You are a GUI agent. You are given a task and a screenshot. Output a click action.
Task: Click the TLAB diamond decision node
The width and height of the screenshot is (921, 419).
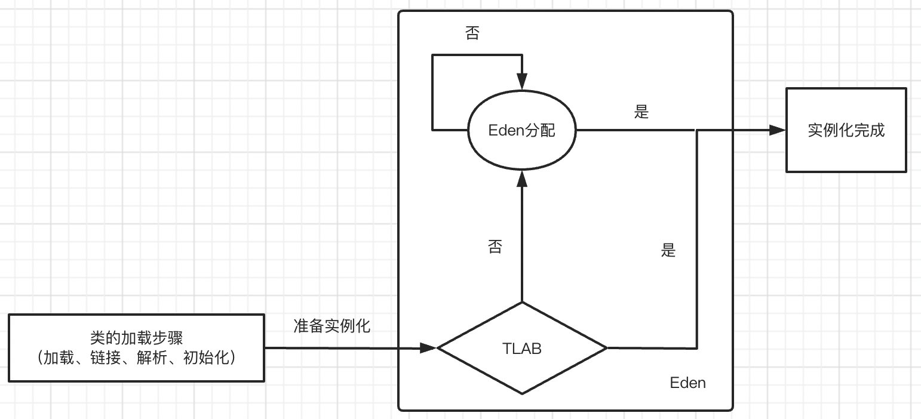(x=522, y=370)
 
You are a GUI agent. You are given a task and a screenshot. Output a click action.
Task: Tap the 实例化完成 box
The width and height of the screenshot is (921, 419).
(x=846, y=130)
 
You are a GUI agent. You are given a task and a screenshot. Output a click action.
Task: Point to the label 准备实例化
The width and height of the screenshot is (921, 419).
(x=332, y=326)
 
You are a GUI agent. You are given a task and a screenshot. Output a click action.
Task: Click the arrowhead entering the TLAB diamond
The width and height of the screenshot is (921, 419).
(x=430, y=348)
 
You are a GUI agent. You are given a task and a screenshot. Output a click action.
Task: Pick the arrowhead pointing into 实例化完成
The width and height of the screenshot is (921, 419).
(x=777, y=130)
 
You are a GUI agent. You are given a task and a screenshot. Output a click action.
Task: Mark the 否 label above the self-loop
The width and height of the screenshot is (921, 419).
(x=472, y=34)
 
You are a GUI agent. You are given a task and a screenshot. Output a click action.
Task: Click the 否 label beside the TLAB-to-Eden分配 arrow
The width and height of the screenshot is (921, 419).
(x=495, y=247)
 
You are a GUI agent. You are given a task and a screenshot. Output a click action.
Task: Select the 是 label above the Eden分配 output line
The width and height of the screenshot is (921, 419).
(x=641, y=112)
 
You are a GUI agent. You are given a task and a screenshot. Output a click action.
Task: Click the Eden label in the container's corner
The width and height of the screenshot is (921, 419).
(x=687, y=383)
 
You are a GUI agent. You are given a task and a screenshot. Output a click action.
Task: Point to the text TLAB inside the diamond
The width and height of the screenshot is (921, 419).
(x=522, y=349)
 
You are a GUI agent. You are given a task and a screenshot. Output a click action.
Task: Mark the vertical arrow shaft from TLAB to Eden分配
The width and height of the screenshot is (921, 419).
(x=522, y=239)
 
